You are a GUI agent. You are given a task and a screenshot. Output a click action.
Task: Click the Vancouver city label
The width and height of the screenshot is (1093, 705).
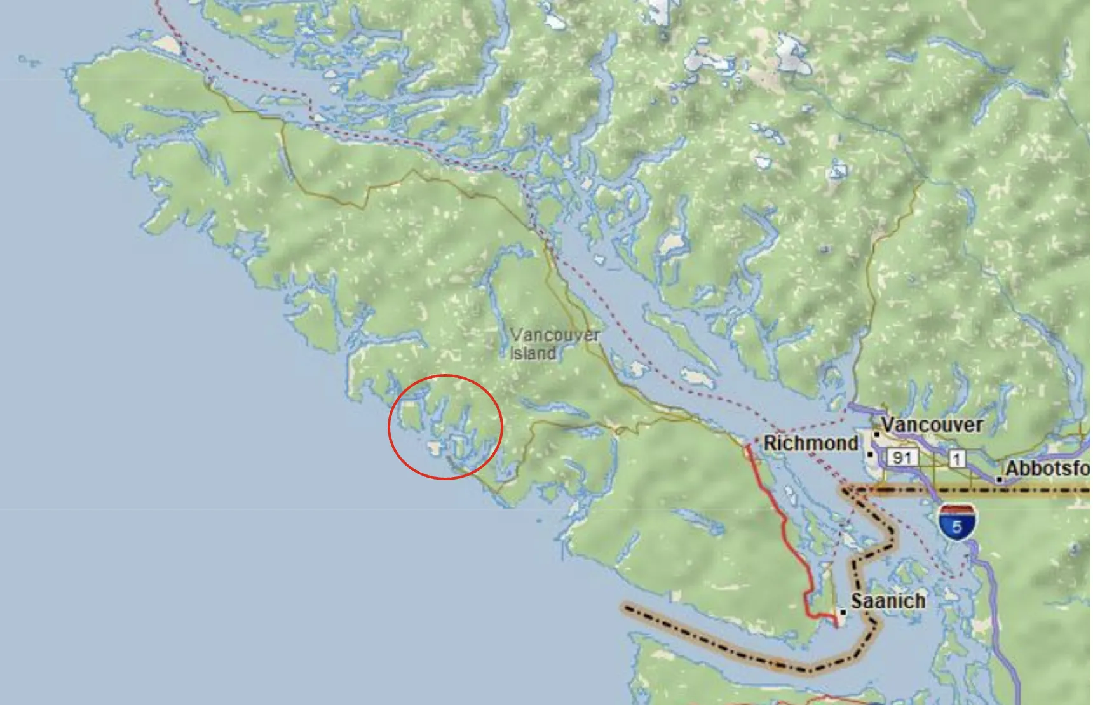coord(932,424)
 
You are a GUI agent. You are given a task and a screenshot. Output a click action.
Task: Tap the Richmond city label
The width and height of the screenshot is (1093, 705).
coord(810,443)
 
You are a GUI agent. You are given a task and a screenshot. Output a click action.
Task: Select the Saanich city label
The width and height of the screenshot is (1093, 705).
coord(888,601)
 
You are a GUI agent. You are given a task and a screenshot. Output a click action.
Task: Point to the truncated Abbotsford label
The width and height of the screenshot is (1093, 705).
coord(1047,469)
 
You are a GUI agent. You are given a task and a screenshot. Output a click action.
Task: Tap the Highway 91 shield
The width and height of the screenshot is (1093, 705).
coord(902,457)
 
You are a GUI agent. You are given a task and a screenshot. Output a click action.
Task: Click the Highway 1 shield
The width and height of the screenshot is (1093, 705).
coord(956,458)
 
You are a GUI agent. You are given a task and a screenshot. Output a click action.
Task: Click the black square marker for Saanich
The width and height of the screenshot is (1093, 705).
coord(843,612)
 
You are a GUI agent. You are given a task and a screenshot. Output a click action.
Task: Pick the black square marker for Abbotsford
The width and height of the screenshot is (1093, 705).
coord(1000,480)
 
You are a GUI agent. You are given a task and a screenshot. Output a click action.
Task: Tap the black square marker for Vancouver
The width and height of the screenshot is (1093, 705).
coord(876,434)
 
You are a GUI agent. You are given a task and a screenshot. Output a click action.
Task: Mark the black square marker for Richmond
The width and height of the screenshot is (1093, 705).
coord(870,454)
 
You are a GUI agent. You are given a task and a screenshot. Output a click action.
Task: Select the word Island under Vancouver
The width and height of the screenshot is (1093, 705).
coord(533,353)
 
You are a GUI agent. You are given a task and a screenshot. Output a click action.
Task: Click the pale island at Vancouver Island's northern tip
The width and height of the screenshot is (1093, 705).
coord(168,44)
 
